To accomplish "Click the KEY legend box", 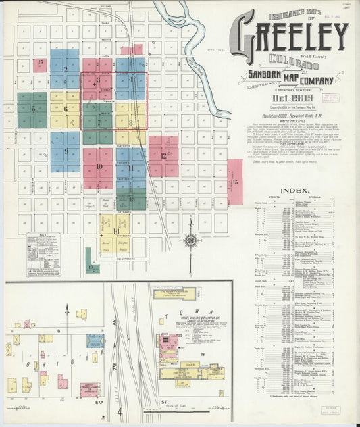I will pos(43,254).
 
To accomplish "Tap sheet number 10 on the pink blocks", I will pos(99,166).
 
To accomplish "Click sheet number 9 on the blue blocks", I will pos(66,151).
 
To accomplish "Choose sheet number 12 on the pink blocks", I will pos(163,155).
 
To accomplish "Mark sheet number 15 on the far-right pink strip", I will pos(235,182).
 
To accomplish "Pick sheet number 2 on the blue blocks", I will pos(66,69).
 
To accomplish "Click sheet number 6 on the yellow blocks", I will pos(66,108).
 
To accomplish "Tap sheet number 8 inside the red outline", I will pos(130,122).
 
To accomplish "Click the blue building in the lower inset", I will pos(95,341).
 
